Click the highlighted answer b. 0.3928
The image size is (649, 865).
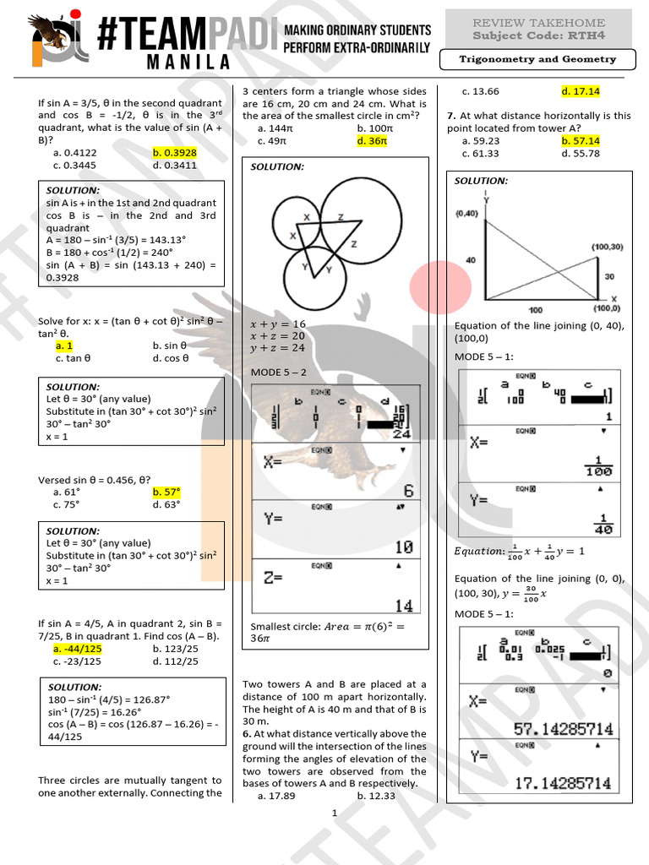[174, 153]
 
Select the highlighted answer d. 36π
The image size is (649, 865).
[372, 141]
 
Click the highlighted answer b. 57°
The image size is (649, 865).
[166, 492]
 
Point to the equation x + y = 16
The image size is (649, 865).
[278, 324]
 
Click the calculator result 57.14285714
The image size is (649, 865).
[563, 728]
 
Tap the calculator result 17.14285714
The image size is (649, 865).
[563, 783]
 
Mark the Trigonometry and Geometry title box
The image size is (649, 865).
[537, 60]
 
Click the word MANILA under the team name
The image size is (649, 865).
[176, 62]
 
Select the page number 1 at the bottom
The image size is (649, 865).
[335, 813]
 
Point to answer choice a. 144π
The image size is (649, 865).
[275, 128]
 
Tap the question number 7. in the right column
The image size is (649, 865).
[452, 116]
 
